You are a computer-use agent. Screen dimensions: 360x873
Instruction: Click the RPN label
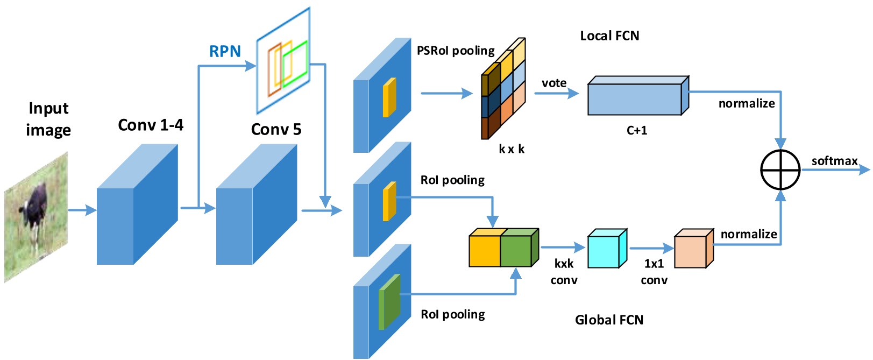225,52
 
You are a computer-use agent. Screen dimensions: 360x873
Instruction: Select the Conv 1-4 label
151,125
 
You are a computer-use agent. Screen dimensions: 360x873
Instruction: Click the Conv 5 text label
276,130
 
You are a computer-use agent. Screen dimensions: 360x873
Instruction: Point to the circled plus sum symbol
780,170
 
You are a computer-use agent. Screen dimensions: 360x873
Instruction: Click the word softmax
834,161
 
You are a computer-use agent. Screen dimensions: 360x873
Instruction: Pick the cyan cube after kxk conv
606,250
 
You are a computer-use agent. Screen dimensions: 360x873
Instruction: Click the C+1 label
637,130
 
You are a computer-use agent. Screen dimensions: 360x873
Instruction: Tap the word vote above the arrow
554,83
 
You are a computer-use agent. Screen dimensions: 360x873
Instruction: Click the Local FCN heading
609,36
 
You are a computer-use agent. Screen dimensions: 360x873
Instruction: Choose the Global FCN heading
609,320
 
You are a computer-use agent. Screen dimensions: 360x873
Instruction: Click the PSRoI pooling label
456,51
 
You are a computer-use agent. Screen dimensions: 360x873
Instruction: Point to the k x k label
511,149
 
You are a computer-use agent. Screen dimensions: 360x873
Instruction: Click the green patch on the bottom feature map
389,301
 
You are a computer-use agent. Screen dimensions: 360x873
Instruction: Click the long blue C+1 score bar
635,98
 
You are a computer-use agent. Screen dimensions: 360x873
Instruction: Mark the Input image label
48,119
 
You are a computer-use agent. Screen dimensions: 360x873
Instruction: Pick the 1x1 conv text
654,272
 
